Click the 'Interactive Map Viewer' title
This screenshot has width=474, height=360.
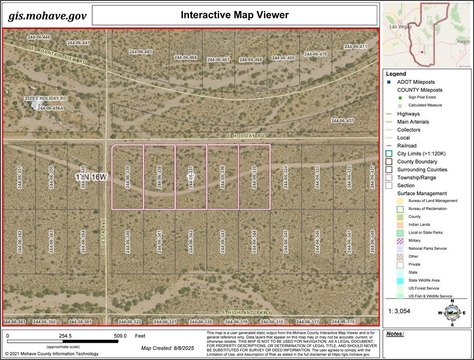pyautogui.click(x=235, y=15)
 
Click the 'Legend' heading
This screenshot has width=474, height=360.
pyautogui.click(x=397, y=74)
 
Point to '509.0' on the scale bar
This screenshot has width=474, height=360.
pyautogui.click(x=119, y=336)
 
